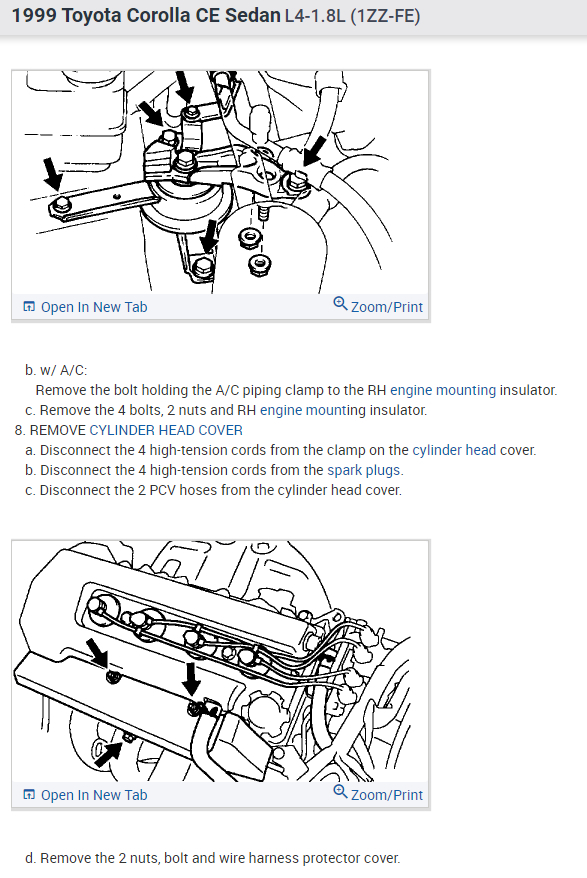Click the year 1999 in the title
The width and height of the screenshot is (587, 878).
click(34, 15)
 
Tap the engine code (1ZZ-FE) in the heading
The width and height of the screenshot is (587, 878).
click(385, 16)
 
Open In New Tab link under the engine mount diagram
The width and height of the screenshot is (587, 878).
click(85, 307)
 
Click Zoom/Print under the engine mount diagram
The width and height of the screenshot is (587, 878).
click(378, 306)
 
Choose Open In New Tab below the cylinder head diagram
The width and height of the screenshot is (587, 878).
click(85, 795)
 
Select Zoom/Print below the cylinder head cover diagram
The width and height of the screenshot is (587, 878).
click(378, 794)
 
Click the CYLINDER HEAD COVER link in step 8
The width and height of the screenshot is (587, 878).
click(166, 430)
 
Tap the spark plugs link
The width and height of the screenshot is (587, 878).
click(365, 470)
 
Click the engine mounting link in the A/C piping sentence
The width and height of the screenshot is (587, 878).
click(443, 390)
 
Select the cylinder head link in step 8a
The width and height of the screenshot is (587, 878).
click(454, 450)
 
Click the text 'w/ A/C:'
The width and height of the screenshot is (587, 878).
click(63, 370)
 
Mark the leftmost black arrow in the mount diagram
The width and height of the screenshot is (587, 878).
click(53, 173)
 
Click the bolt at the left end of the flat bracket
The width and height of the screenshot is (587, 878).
click(62, 205)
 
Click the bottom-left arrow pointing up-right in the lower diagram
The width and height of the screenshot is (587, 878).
click(108, 754)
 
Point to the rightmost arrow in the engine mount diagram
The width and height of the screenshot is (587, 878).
click(314, 151)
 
